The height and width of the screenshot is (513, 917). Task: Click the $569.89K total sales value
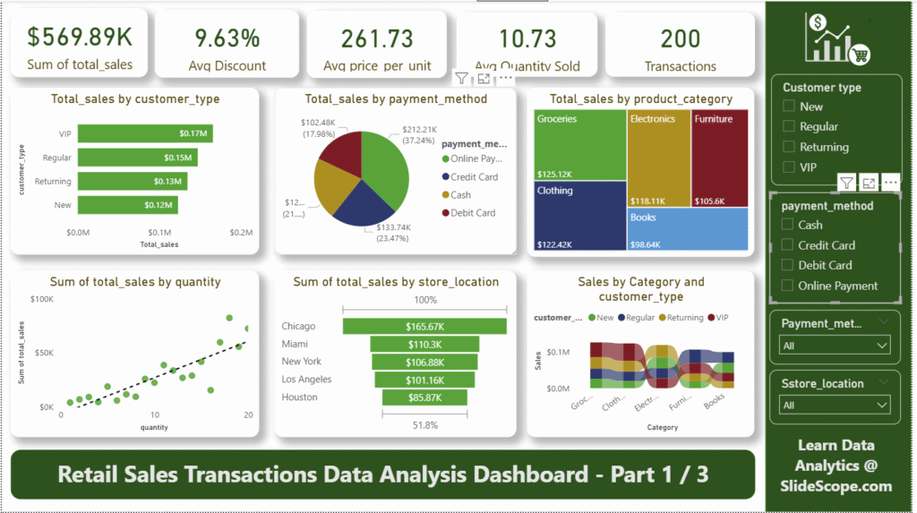[x=80, y=37]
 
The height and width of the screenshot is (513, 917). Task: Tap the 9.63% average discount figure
[x=227, y=38]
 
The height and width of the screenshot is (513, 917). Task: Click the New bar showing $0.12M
[x=128, y=205]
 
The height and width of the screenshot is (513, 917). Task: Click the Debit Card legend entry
[x=474, y=213]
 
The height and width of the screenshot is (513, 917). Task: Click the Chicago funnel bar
[x=424, y=327]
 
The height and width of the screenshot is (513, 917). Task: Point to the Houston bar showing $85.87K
[x=424, y=398]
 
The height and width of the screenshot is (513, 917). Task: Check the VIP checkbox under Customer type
[x=789, y=167]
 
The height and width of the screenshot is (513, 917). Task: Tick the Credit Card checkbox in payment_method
[x=788, y=245]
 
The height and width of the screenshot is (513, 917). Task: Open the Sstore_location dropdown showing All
[x=836, y=406]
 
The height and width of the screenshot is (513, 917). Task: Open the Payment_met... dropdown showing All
[x=836, y=346]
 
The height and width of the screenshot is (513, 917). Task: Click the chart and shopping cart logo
[x=837, y=38]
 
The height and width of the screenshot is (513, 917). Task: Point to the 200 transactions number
[x=681, y=38]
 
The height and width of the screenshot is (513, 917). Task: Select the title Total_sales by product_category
[x=641, y=99]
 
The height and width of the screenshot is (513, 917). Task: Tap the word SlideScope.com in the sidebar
[x=837, y=486]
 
